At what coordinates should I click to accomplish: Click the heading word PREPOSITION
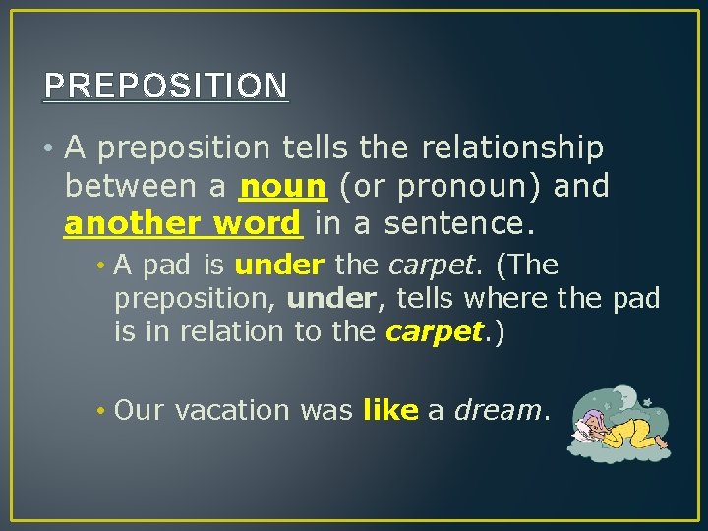pyautogui.click(x=165, y=86)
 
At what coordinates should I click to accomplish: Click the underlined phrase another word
pyautogui.click(x=183, y=223)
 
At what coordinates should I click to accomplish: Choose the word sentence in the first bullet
pyautogui.click(x=458, y=223)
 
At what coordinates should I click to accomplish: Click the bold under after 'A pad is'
pyautogui.click(x=279, y=265)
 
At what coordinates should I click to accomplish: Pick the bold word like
pyautogui.click(x=390, y=410)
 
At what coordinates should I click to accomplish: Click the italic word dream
pyautogui.click(x=498, y=410)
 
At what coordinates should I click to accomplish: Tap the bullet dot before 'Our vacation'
pyautogui.click(x=101, y=410)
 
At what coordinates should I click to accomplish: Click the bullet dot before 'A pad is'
pyautogui.click(x=101, y=265)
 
